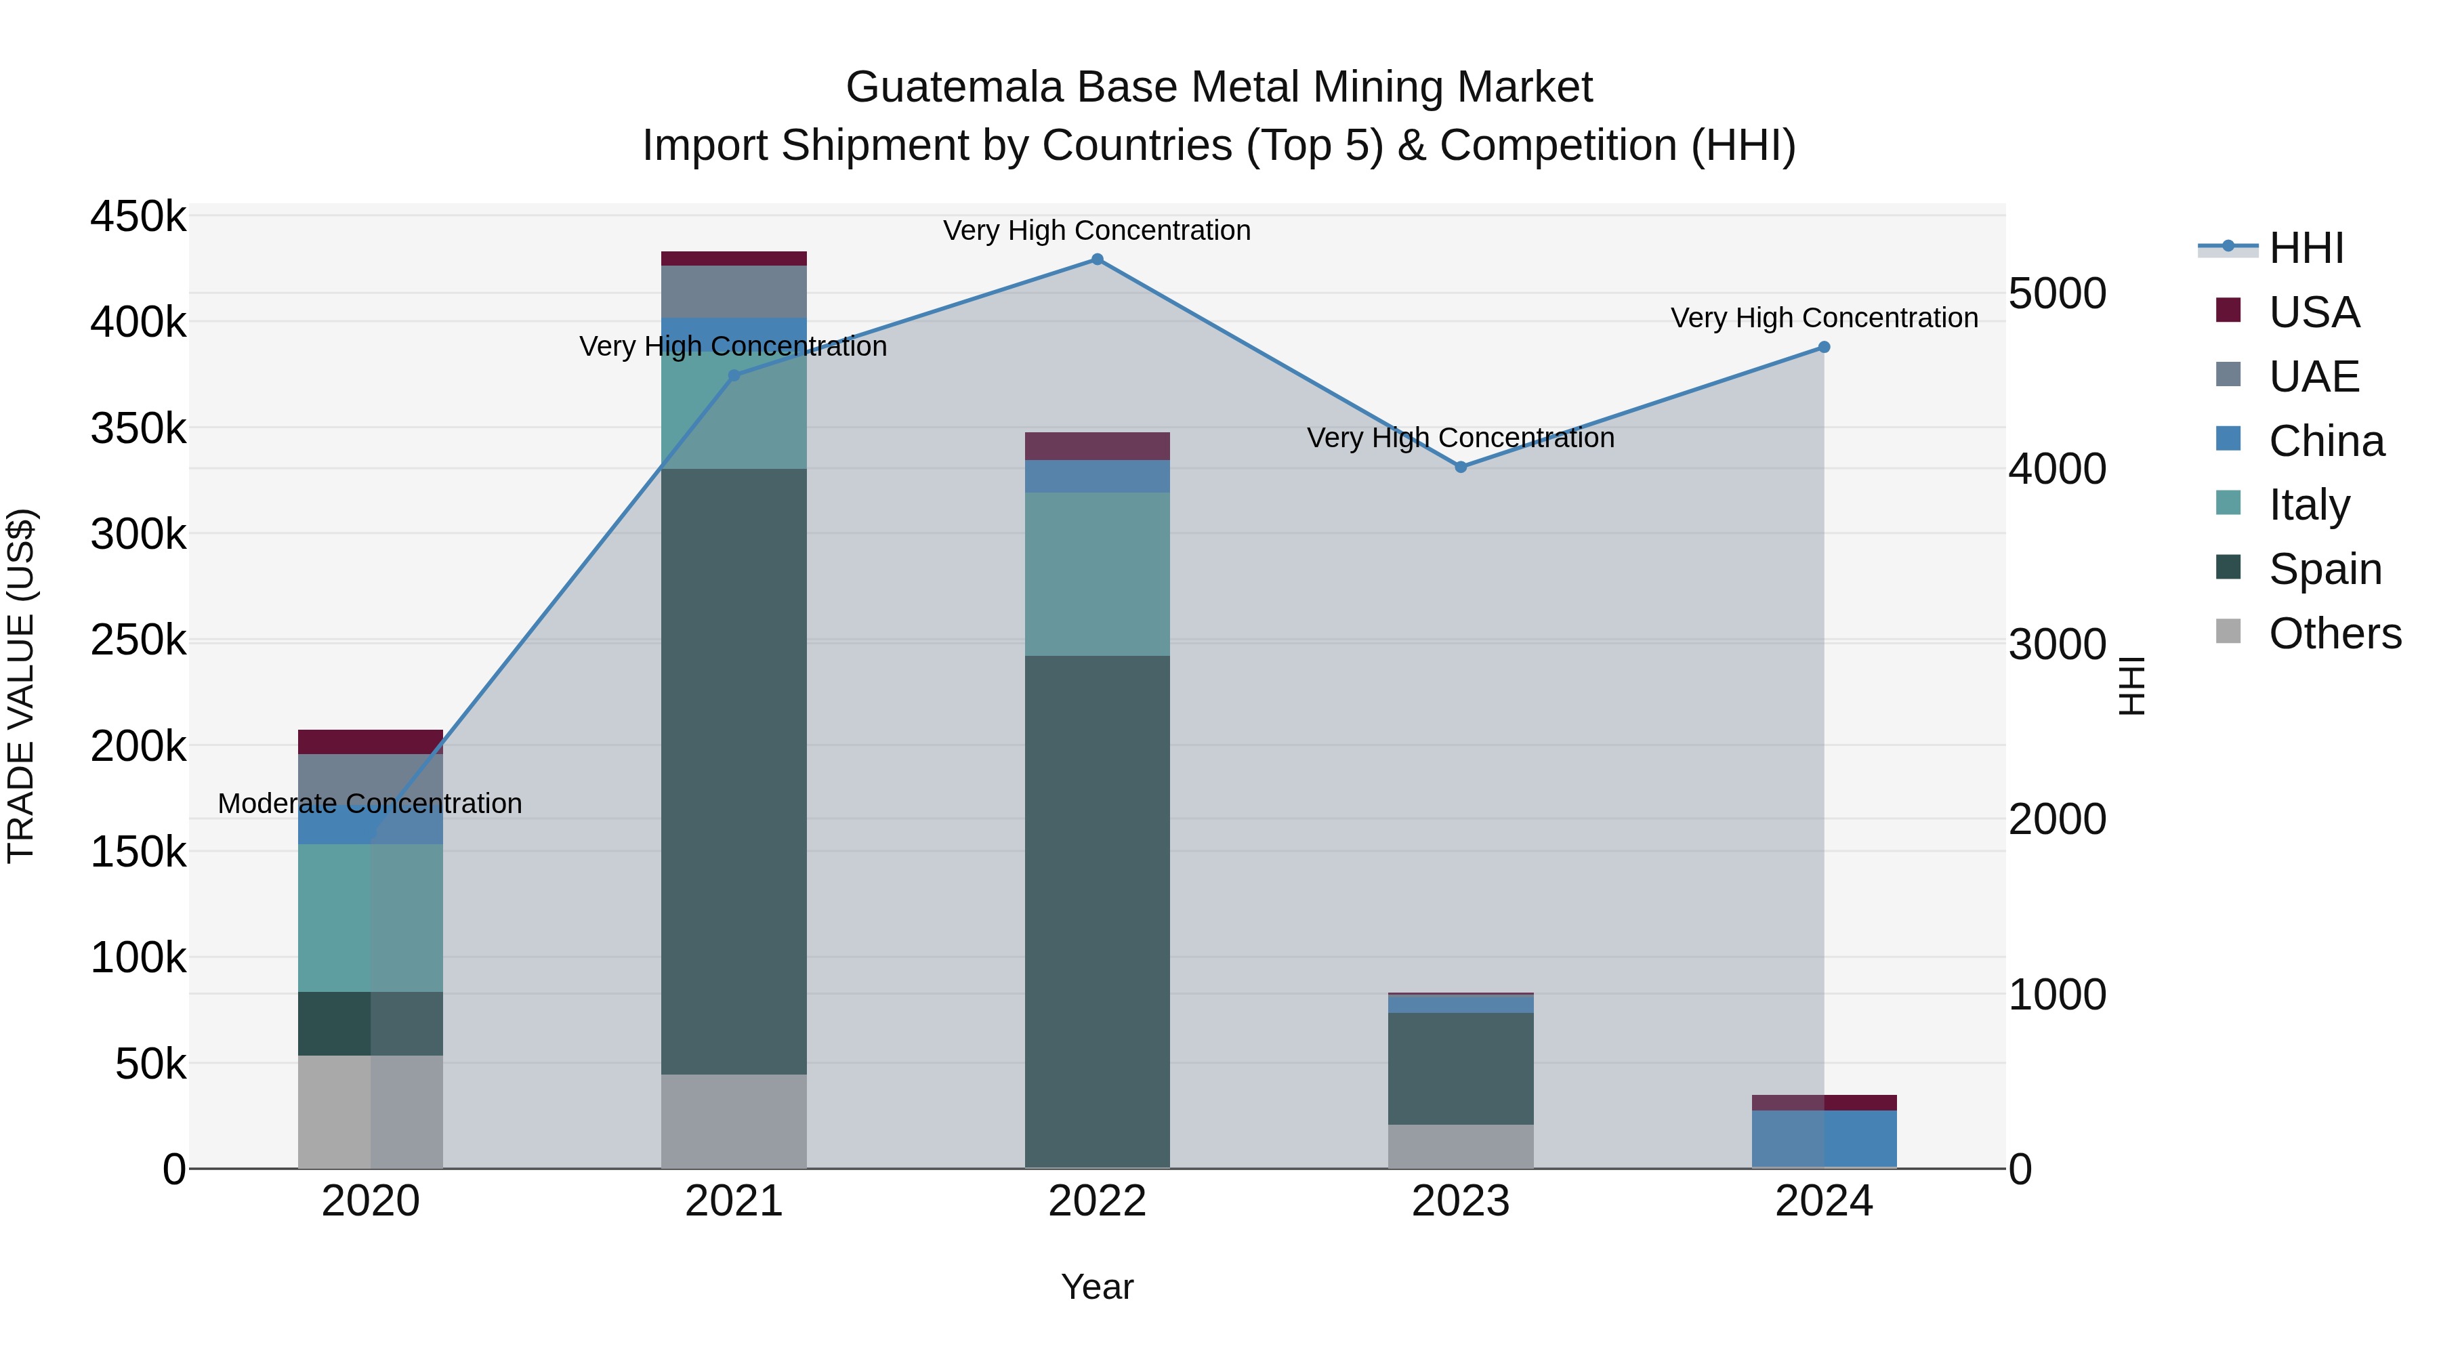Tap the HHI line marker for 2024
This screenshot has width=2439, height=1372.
coord(1824,348)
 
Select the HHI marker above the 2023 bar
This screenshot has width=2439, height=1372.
coord(1460,467)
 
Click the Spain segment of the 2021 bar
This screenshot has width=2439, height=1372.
coord(733,771)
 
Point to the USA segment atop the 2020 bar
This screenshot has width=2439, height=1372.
coord(370,741)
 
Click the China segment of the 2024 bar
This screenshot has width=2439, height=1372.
coord(1824,1138)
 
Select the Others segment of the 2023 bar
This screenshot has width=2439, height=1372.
coord(1460,1146)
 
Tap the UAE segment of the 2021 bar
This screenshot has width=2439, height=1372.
coord(733,291)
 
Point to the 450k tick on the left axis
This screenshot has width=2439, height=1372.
coord(138,217)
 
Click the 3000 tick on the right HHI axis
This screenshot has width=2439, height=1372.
coord(2056,645)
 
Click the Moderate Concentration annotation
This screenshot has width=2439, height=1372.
coord(370,804)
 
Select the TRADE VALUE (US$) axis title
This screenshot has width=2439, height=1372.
coord(21,686)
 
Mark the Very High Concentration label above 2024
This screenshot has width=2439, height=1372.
coord(1824,318)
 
